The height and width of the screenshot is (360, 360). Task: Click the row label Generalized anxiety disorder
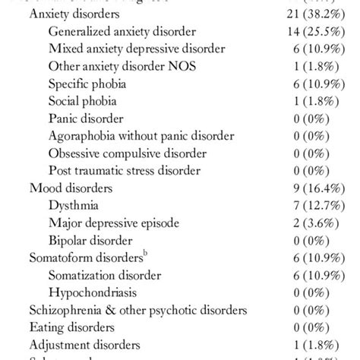pyautogui.click(x=122, y=32)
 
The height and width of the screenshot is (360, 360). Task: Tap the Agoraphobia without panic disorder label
pyautogui.click(x=141, y=136)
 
